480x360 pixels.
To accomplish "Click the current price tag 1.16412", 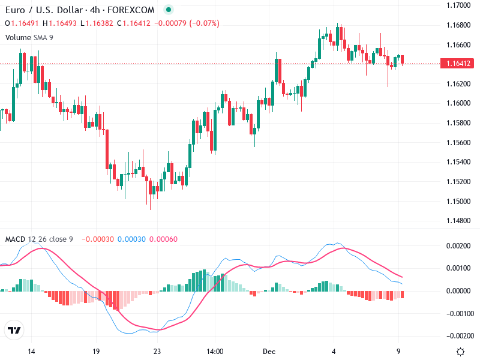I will [x=457, y=64].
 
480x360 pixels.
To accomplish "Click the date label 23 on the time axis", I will [x=158, y=352].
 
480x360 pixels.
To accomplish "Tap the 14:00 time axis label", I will [x=215, y=352].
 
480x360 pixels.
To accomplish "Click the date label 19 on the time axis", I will [x=95, y=352].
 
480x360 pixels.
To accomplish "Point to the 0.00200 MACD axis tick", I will [x=458, y=246].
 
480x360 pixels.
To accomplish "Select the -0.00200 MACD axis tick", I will [x=457, y=335].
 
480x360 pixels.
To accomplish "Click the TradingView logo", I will [x=14, y=331].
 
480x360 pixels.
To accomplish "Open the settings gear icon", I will [x=460, y=352].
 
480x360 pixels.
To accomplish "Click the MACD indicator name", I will [x=15, y=239].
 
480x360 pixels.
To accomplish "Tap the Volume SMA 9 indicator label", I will [x=29, y=37].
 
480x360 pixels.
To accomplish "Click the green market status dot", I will [x=169, y=10].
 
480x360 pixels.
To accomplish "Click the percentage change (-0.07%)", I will [x=205, y=23].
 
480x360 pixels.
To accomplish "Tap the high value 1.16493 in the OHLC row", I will [x=62, y=23].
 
